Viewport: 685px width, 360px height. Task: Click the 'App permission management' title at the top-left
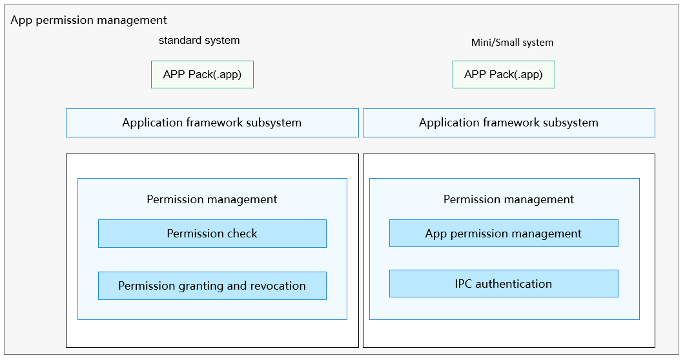(88, 20)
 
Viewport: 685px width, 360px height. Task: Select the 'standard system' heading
(199, 40)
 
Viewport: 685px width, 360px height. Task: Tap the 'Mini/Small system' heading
(512, 43)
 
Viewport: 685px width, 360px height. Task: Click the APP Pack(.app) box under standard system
(202, 75)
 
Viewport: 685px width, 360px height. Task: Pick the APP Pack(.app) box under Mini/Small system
(504, 75)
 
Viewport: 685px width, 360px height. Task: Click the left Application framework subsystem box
(212, 123)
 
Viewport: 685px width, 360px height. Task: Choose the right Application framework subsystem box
(509, 123)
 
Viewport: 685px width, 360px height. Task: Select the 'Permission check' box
(212, 234)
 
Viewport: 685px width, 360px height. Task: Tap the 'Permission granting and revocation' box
(212, 286)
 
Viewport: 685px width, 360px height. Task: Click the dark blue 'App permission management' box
(504, 234)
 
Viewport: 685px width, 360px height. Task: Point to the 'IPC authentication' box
(504, 284)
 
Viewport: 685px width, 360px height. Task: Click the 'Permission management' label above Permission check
(212, 199)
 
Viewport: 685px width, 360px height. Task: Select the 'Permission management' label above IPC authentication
(509, 199)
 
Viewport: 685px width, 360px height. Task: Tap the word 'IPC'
(463, 284)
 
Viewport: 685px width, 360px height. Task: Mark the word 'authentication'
(514, 284)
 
